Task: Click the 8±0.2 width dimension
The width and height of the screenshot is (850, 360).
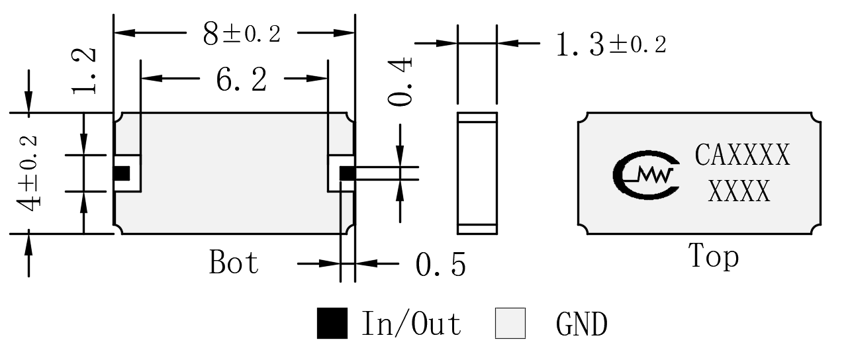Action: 242,34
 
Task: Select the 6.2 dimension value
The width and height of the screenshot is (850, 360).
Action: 242,79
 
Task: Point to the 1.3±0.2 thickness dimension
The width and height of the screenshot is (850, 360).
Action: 611,44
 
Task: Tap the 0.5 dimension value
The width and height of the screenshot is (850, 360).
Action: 441,265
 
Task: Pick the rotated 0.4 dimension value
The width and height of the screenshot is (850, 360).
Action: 400,82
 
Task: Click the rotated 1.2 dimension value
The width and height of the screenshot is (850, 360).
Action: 84,71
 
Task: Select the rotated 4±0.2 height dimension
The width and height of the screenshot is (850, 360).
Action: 27,173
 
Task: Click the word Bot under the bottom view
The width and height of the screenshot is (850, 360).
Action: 234,262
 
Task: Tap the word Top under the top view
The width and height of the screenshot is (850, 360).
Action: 714,256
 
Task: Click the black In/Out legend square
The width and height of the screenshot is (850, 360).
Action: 332,323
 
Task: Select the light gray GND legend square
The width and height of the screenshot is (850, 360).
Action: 510,323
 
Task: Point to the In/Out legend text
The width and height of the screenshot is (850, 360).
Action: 411,323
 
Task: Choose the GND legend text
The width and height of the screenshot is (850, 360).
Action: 582,324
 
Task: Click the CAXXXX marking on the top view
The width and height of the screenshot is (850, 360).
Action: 742,155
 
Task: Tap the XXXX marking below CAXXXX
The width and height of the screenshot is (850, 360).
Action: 739,191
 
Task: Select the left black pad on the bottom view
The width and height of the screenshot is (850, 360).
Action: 121,173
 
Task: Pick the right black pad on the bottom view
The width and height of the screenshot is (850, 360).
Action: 347,173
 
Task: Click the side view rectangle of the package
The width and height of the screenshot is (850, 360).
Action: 477,173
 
